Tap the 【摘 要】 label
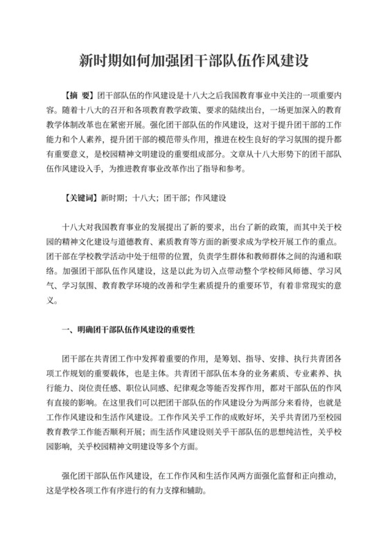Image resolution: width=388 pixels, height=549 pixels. (77, 96)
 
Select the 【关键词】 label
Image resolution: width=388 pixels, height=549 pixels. (80, 197)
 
